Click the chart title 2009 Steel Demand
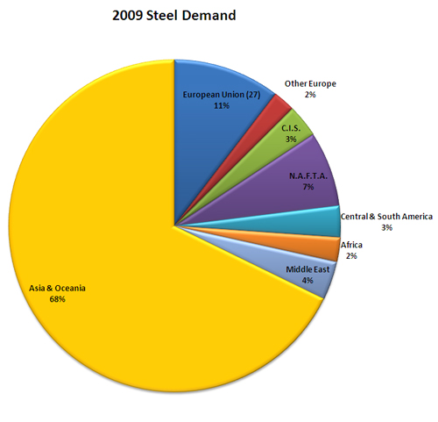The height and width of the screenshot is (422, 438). pyautogui.click(x=173, y=16)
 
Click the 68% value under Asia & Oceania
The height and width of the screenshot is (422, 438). pyautogui.click(x=58, y=299)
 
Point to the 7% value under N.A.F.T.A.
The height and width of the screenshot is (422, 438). pyautogui.click(x=308, y=186)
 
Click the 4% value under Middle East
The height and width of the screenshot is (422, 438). pyautogui.click(x=307, y=281)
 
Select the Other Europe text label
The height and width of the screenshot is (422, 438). pyautogui.click(x=310, y=83)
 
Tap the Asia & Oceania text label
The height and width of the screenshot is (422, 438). pyautogui.click(x=58, y=287)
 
